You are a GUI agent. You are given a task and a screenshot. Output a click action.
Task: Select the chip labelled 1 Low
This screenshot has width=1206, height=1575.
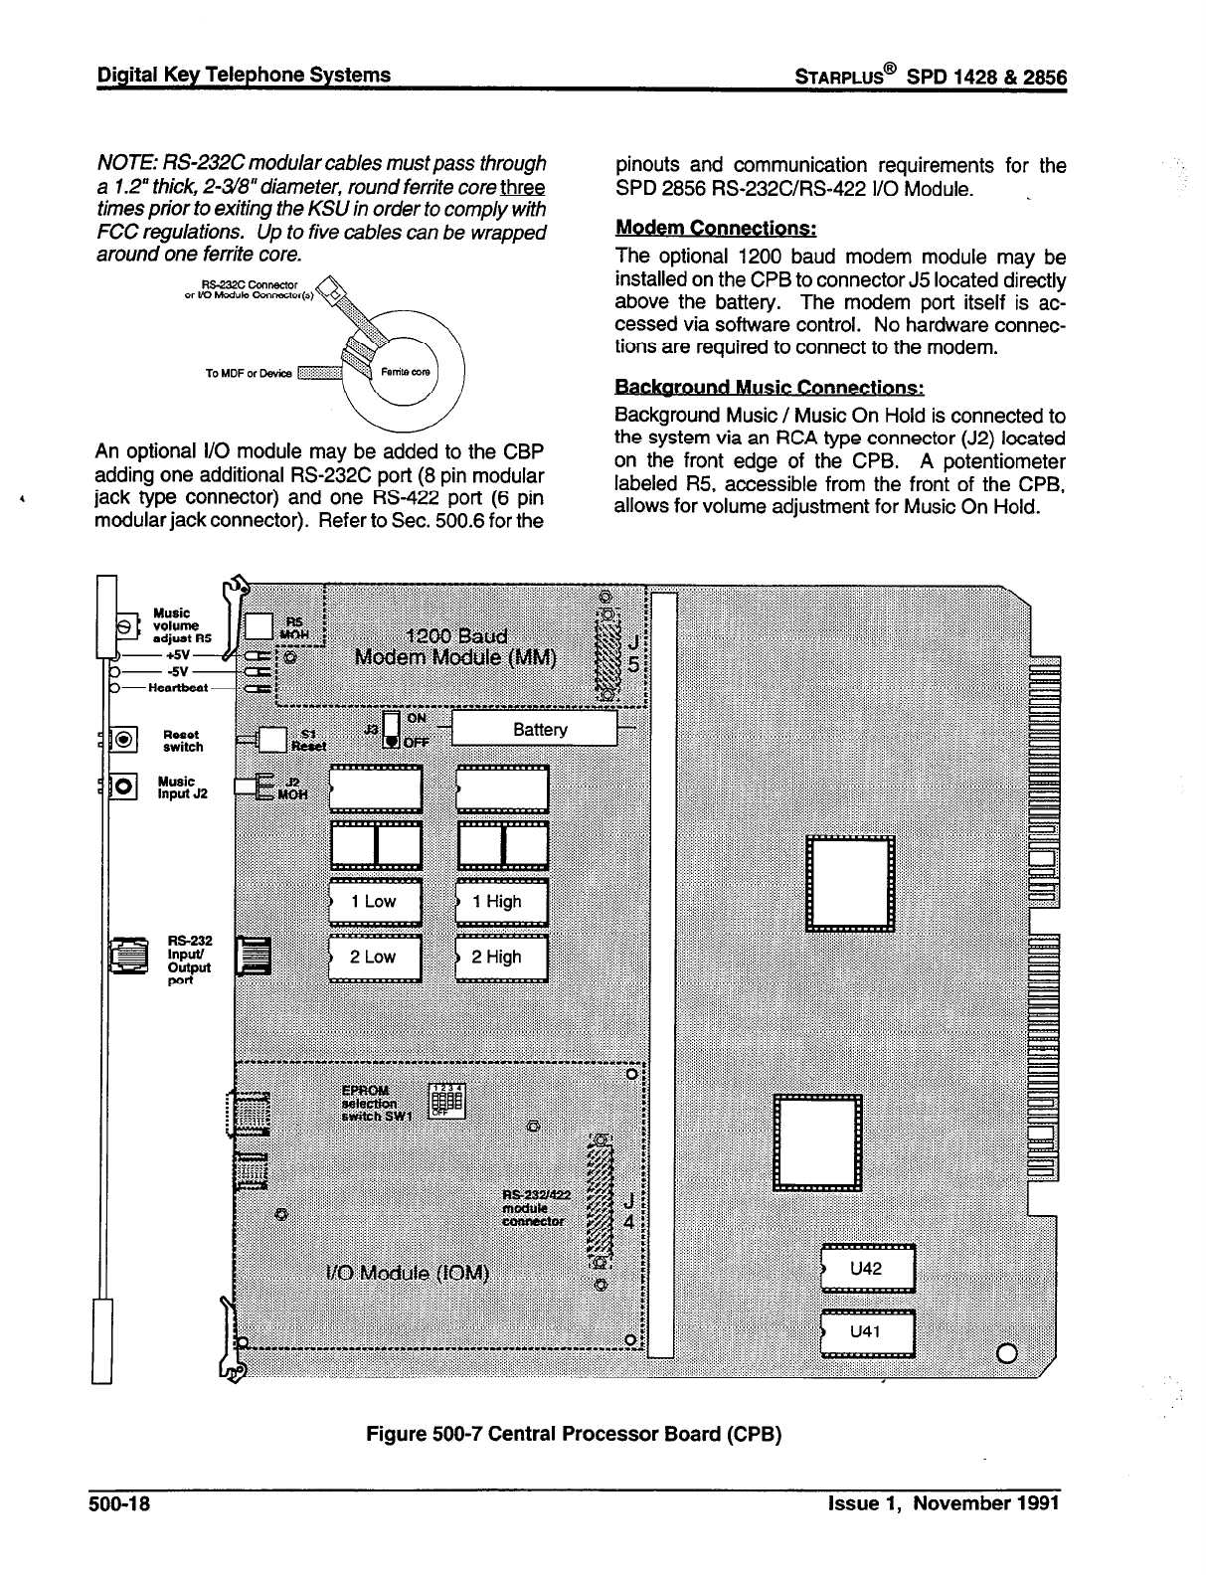(375, 902)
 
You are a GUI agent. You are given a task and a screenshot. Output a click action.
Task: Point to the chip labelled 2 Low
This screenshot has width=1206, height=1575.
(375, 958)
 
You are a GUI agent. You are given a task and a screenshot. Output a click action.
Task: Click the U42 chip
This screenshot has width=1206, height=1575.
(867, 1269)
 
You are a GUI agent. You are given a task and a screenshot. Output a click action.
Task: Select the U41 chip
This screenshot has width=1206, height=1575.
(867, 1331)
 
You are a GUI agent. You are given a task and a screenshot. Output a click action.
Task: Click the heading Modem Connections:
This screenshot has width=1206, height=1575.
(716, 229)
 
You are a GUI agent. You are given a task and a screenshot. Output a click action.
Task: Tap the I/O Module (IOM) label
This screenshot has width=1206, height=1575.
(408, 1274)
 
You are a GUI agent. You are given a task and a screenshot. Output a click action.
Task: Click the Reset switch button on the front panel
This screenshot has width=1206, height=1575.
(123, 739)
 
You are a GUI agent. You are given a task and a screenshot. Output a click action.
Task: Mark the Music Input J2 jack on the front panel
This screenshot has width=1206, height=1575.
(123, 786)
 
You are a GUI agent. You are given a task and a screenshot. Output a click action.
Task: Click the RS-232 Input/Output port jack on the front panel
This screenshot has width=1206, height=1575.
(128, 957)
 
